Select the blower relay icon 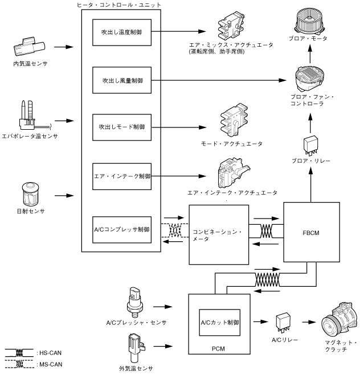pyautogui.click(x=310, y=145)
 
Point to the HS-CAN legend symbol pyautogui.click(x=18, y=352)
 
